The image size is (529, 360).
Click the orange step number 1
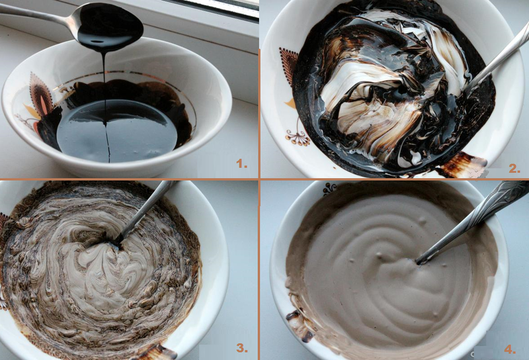(242, 163)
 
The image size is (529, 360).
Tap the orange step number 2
(514, 168)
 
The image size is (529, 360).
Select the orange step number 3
(243, 347)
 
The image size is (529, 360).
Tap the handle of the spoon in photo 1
(33, 15)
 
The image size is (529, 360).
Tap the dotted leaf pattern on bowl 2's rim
(289, 66)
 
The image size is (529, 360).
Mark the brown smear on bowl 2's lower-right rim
(463, 164)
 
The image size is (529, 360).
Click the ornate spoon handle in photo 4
(489, 205)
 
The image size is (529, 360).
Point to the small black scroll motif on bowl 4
(329, 188)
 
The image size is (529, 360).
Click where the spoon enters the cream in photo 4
(421, 260)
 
